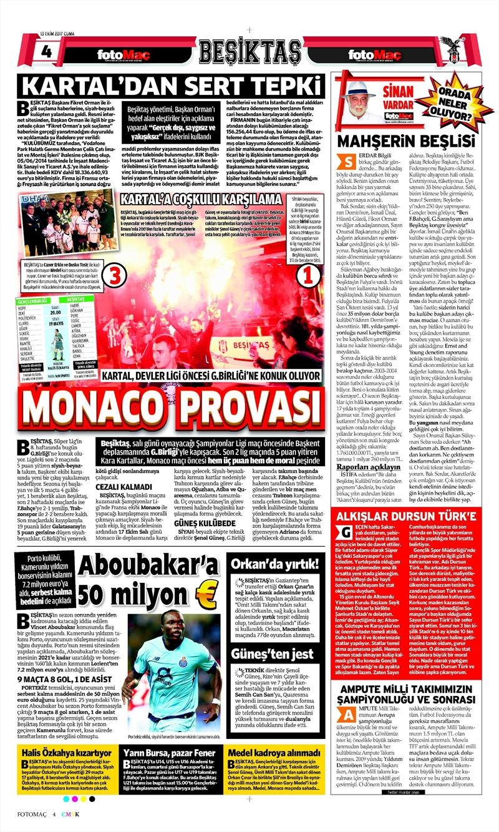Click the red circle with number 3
119,273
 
